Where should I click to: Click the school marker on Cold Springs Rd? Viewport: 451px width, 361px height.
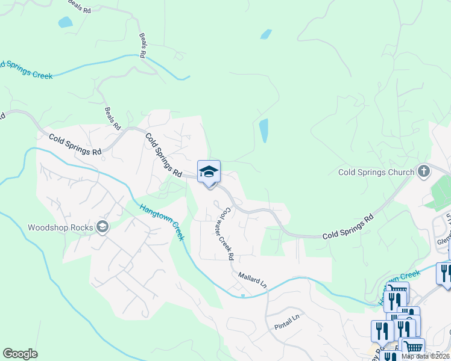209,173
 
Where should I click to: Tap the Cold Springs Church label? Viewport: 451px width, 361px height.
376,172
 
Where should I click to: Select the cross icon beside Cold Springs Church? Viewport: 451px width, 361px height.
423,171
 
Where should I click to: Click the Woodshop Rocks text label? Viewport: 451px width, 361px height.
60,227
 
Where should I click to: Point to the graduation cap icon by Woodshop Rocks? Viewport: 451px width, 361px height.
102,227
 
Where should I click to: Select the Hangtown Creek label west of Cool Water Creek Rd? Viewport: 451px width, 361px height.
162,222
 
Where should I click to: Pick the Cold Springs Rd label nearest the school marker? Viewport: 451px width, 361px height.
163,155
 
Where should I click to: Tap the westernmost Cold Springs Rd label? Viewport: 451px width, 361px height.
75,144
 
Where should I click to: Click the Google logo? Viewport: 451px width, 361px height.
20,354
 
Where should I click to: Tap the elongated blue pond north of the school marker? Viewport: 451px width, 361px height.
263,131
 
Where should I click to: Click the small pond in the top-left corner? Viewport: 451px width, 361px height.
65,23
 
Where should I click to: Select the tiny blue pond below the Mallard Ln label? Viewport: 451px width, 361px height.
242,295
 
